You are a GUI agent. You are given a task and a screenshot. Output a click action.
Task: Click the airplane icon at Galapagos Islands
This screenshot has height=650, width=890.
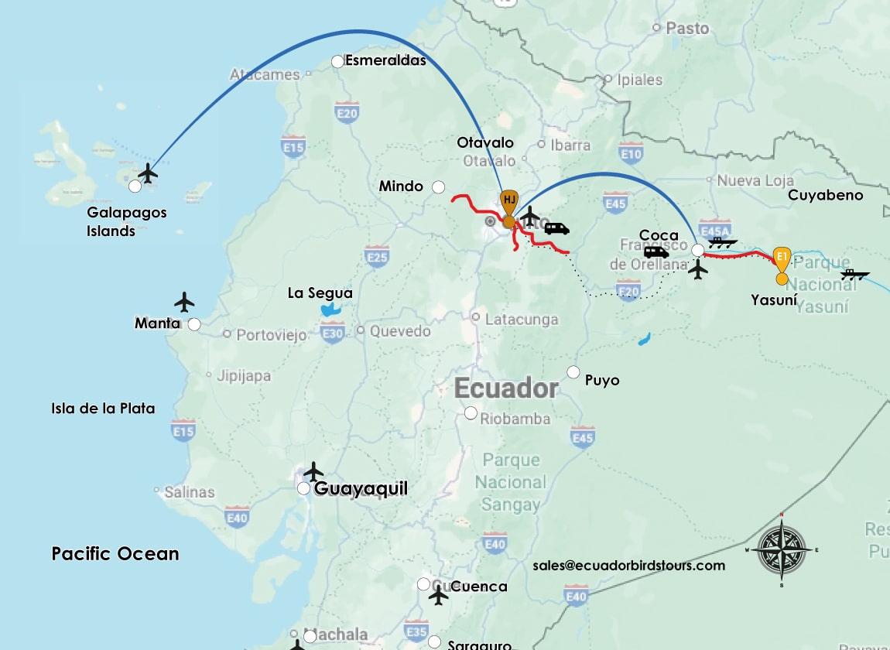click(x=148, y=173)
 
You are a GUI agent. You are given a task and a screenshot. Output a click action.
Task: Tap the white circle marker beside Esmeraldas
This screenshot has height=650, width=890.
click(x=338, y=61)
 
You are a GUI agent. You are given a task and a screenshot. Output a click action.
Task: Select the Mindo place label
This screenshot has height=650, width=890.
click(x=401, y=186)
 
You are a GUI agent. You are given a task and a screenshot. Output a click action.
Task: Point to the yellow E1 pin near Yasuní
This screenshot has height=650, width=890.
click(x=782, y=256)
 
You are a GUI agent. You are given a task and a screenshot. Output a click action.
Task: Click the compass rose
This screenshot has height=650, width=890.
click(x=782, y=550)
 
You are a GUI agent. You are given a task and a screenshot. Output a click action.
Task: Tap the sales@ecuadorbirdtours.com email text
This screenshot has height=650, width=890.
click(x=628, y=566)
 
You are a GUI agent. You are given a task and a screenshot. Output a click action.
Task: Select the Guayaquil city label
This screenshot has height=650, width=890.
click(x=361, y=489)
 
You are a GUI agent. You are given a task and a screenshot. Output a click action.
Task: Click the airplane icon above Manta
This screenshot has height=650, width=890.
click(x=184, y=301)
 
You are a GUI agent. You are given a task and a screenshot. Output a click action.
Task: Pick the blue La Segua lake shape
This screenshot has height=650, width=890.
click(x=331, y=311)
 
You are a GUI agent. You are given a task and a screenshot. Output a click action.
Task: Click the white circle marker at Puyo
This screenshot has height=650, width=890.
click(x=573, y=372)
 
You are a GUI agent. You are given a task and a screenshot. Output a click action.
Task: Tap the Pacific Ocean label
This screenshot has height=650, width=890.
click(x=115, y=554)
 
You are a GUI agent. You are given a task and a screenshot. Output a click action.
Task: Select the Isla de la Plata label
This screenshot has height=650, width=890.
click(x=103, y=409)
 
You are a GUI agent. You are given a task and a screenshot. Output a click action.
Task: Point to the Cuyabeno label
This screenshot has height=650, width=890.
click(x=825, y=196)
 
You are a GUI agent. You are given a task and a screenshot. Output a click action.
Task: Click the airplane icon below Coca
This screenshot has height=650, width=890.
click(x=698, y=270)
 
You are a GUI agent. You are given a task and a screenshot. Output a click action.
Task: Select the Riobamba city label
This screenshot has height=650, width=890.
click(x=515, y=419)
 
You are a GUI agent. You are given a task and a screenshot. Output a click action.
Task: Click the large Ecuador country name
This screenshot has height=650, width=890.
click(x=506, y=388)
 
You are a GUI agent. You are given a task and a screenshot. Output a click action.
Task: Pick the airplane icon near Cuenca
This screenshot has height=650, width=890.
click(x=439, y=596)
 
